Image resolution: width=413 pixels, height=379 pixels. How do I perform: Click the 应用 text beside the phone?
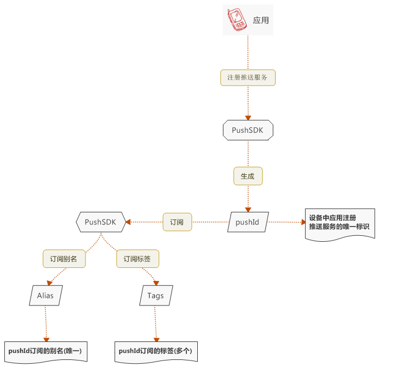click(261, 21)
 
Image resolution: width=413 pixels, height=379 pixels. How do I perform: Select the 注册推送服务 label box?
click(248, 78)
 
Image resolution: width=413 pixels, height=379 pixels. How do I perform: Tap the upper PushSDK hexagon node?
click(248, 130)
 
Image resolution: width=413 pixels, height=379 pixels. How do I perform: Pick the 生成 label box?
click(248, 176)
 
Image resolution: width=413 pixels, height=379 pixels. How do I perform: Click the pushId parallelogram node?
click(247, 222)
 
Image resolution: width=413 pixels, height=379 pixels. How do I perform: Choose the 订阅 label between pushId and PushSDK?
click(177, 222)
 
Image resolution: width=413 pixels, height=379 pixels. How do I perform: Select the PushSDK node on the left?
click(101, 222)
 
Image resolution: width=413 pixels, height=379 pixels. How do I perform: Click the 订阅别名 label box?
click(64, 259)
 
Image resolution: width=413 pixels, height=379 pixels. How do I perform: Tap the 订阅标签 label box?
click(137, 259)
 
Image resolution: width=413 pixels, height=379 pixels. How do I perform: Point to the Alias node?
click(46, 296)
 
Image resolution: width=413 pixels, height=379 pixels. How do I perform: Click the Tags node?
click(155, 296)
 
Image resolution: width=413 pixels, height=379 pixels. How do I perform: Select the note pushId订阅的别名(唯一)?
click(45, 351)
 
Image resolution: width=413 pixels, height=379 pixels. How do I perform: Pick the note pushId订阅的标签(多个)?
click(155, 351)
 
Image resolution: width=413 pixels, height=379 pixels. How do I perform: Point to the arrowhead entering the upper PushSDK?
click(248, 117)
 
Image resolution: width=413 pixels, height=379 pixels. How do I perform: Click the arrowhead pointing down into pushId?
click(248, 209)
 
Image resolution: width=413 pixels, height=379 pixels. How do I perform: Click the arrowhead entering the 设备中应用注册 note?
click(304, 222)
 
